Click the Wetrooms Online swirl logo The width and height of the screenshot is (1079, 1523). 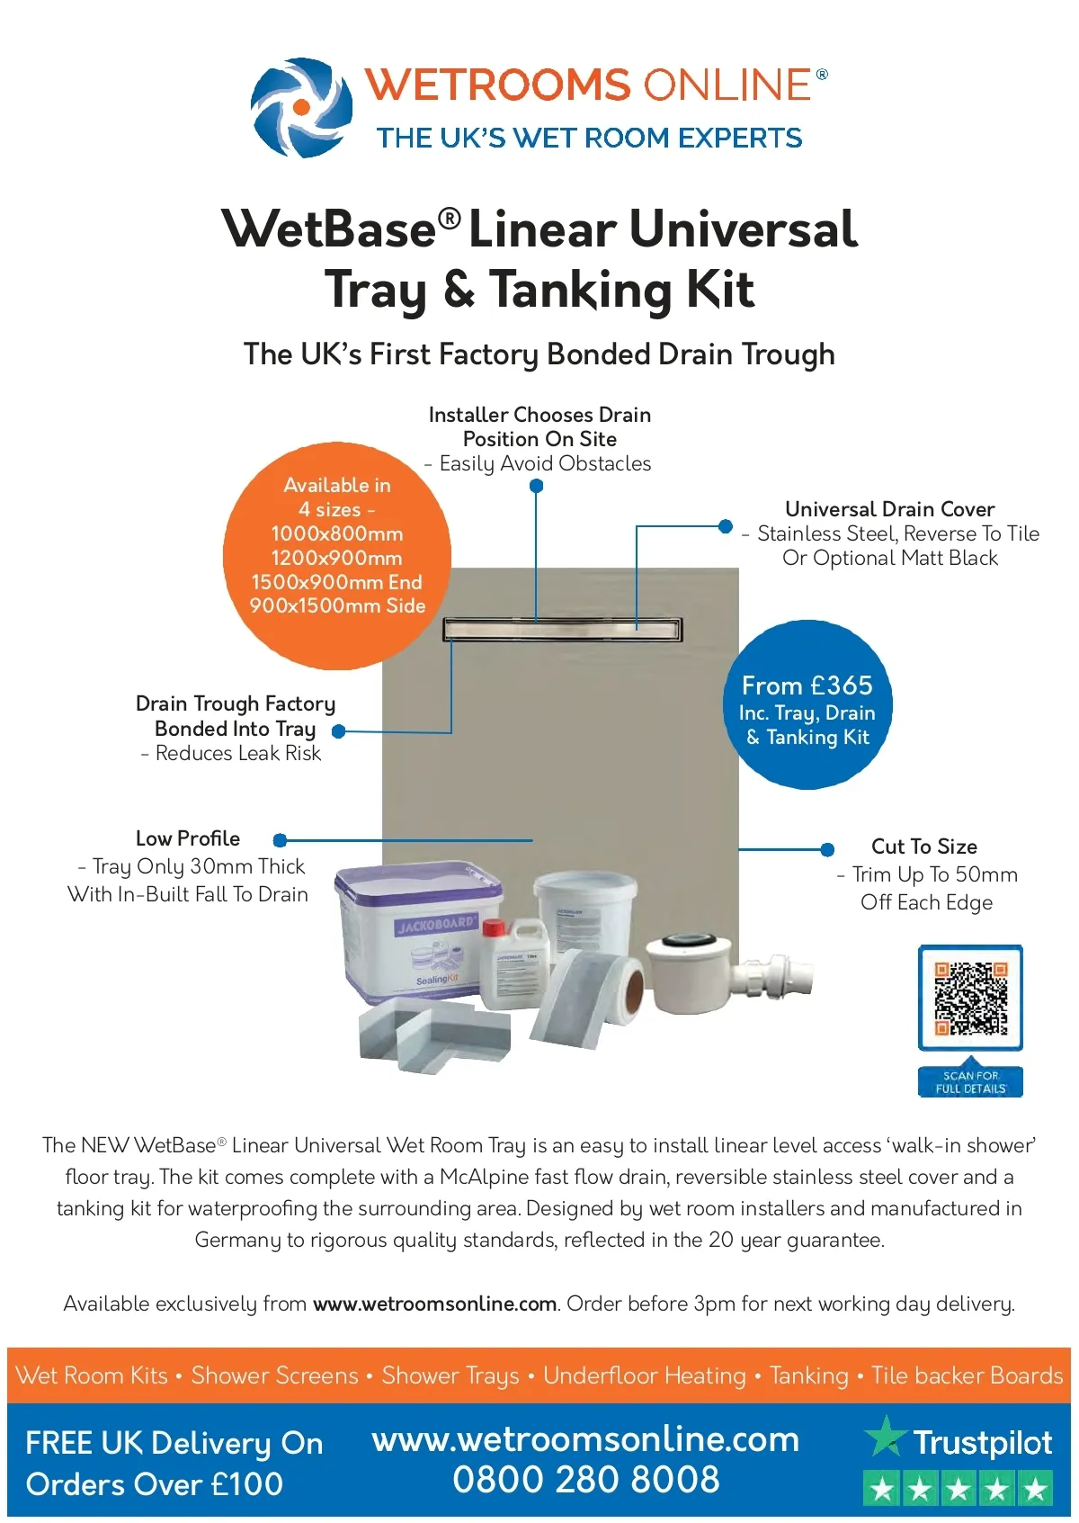[x=301, y=108]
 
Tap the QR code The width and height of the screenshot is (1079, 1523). [x=970, y=998]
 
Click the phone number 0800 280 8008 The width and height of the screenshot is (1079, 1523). [x=586, y=1480]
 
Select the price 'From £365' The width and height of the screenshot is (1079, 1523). [x=807, y=685]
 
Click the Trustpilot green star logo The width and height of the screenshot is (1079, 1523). [x=885, y=1436]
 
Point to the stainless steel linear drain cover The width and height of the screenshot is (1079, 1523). [x=563, y=628]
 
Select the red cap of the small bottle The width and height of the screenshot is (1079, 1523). [x=494, y=927]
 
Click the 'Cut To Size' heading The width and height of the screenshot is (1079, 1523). [x=924, y=847]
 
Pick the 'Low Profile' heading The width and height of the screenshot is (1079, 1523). [x=188, y=838]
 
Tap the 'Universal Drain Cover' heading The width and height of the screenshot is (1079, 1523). [x=889, y=509]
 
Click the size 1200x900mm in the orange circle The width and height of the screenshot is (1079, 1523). [x=337, y=558]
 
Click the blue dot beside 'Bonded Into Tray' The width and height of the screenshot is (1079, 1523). [x=339, y=731]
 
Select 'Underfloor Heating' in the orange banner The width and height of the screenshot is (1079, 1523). [x=645, y=1375]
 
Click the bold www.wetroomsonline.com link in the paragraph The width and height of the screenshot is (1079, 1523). [x=435, y=1304]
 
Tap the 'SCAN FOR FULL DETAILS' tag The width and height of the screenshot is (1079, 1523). [x=970, y=1081]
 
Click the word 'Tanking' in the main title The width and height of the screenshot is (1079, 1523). [x=580, y=290]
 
